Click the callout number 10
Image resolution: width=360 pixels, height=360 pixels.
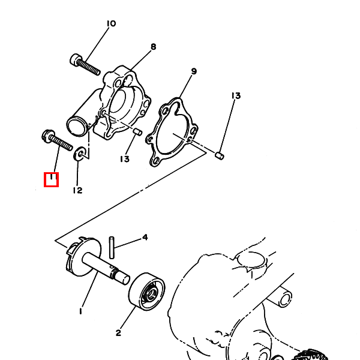pos(112,23)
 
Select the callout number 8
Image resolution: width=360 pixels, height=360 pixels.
pos(154,47)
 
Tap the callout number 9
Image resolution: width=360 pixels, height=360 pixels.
pos(194,71)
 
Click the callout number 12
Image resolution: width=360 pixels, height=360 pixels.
pos(77,190)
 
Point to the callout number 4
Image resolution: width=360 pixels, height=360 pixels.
pos(145,237)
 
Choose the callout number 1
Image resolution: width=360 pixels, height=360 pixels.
pos(80,311)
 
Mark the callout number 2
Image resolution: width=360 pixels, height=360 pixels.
pos(118,333)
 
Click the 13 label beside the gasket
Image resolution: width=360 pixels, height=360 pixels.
pos(236,95)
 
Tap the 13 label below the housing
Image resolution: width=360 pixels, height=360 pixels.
pos(125,159)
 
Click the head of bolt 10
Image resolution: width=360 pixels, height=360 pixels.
pos(76,59)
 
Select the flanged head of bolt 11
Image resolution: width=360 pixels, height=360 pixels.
pos(48,136)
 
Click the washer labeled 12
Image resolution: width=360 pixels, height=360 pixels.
pos(79,153)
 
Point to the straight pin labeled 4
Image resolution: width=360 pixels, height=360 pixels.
pos(112,247)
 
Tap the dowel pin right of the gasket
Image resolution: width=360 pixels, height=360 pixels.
pos(220,155)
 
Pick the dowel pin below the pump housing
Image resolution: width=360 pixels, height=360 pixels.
pos(138,132)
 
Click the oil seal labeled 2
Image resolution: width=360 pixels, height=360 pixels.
pos(146,292)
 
